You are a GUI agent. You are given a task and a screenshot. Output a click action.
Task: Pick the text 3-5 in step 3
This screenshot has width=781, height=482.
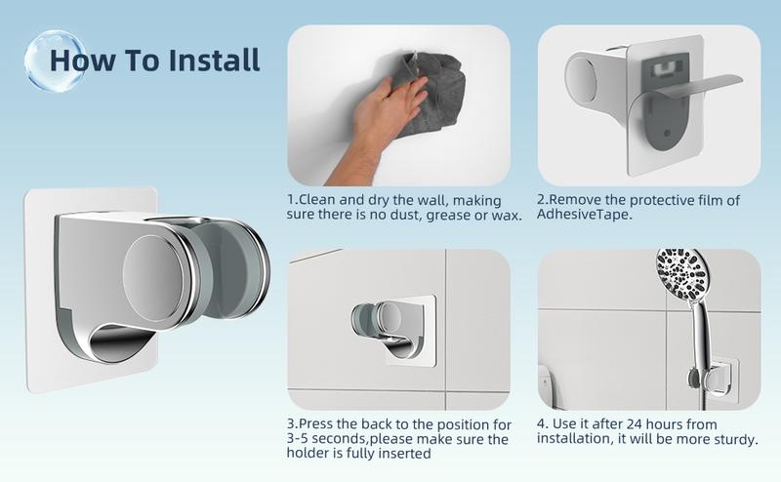[300, 440]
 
